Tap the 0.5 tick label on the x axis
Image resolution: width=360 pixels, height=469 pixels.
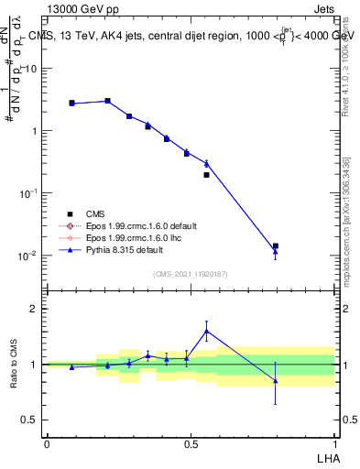[191, 442]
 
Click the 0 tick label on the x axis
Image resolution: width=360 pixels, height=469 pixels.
[47, 442]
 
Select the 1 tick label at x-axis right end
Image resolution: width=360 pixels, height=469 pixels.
[334, 442]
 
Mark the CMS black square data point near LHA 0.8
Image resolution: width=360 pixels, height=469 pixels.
[276, 245]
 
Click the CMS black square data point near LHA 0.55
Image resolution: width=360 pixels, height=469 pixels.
[206, 174]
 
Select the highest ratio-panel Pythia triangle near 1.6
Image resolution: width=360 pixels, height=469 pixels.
[206, 331]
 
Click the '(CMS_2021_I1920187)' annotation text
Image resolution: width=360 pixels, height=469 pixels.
[190, 274]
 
